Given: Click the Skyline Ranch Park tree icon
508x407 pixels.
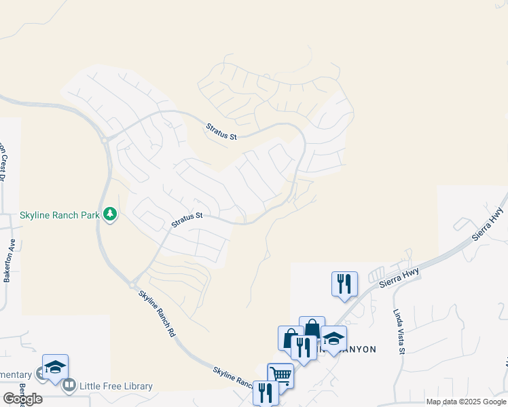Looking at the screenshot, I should (x=110, y=214).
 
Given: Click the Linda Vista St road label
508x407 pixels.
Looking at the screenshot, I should (x=399, y=332).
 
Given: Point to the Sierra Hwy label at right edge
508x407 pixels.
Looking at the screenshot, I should (x=488, y=225).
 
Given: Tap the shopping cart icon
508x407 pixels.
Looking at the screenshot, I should (x=280, y=374).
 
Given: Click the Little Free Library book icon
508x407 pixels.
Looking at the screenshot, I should (x=69, y=387).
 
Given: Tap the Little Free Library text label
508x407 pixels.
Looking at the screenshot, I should (x=116, y=387).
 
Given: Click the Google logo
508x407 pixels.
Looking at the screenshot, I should (x=22, y=399).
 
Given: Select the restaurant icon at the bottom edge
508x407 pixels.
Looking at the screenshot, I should (x=265, y=392).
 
